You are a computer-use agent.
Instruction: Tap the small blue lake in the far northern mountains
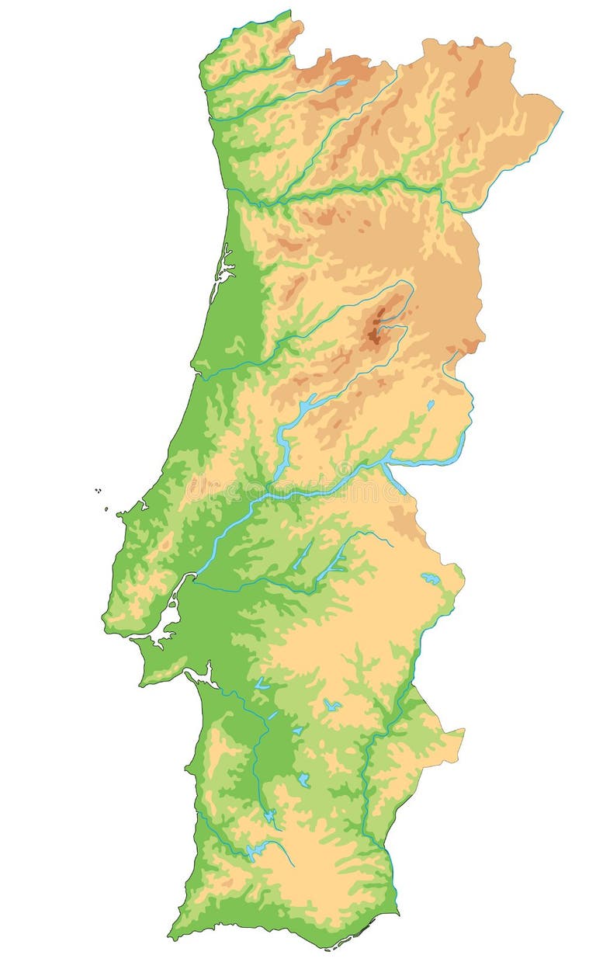click(x=342, y=82)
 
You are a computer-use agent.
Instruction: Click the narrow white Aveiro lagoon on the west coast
click(x=223, y=268)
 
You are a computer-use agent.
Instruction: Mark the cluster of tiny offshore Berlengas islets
click(x=99, y=491)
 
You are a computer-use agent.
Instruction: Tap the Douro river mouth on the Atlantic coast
click(x=227, y=190)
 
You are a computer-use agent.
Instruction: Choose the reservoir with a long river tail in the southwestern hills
click(x=256, y=850)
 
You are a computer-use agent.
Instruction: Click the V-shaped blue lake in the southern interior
click(x=332, y=705)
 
